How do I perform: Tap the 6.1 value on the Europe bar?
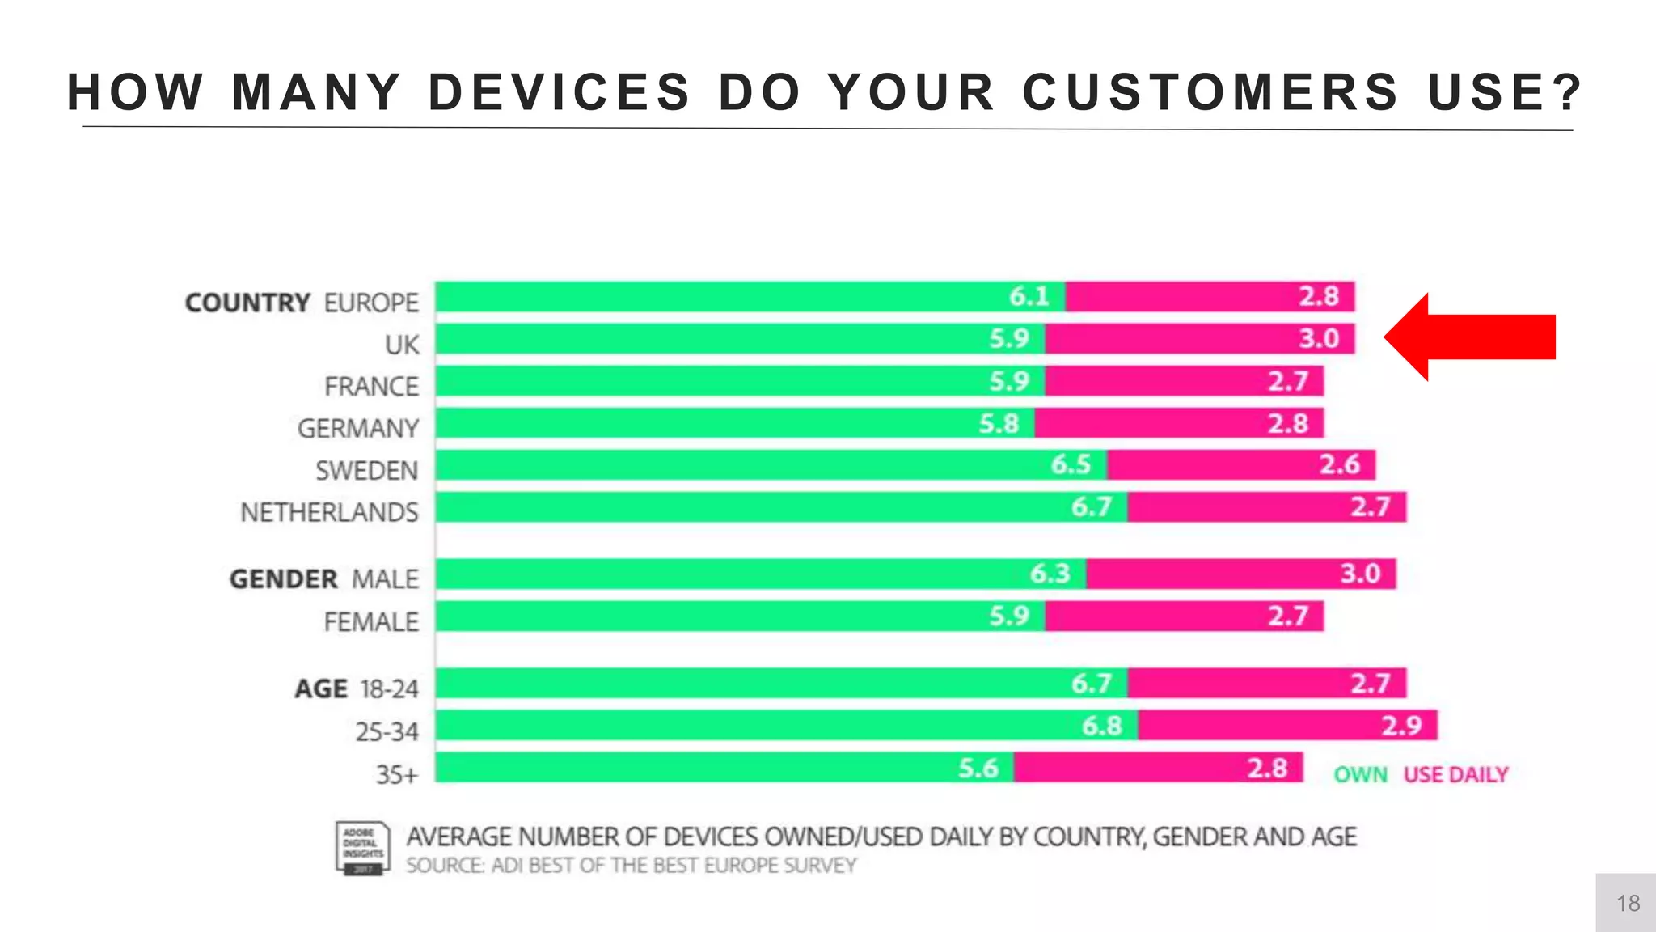pyautogui.click(x=1029, y=297)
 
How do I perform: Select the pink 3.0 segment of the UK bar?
pyautogui.click(x=1199, y=339)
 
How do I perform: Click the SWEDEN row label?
pyautogui.click(x=366, y=471)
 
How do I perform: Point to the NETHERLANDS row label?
pyautogui.click(x=329, y=513)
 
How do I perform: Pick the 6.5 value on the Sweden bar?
pyautogui.click(x=1071, y=465)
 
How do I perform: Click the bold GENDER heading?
pyautogui.click(x=283, y=580)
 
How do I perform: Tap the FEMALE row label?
pyautogui.click(x=371, y=622)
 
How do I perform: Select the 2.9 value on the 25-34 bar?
pyautogui.click(x=1401, y=726)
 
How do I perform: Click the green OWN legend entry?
pyautogui.click(x=1360, y=775)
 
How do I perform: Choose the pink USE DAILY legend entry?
pyautogui.click(x=1455, y=775)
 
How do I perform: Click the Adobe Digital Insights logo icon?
pyautogui.click(x=362, y=848)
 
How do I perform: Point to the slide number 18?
pyautogui.click(x=1628, y=904)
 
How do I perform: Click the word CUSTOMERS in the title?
pyautogui.click(x=1210, y=92)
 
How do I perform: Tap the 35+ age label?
pyautogui.click(x=397, y=775)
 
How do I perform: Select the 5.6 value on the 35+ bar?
pyautogui.click(x=978, y=768)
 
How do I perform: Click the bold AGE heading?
pyautogui.click(x=320, y=689)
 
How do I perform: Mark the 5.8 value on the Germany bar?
pyautogui.click(x=999, y=423)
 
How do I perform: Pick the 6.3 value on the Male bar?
pyautogui.click(x=1050, y=574)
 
